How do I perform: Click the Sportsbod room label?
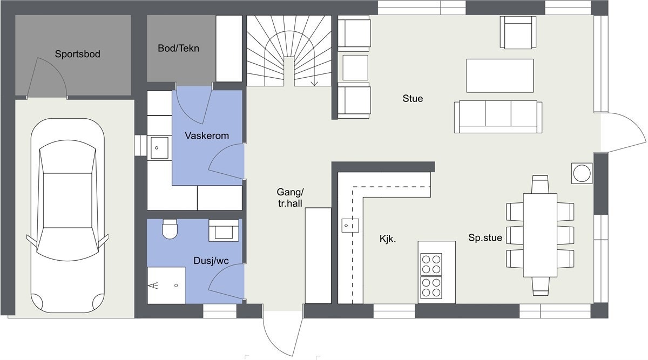click(x=78, y=54)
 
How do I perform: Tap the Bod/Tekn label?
click(x=178, y=48)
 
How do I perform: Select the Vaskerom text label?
click(x=206, y=135)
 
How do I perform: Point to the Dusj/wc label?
click(x=211, y=261)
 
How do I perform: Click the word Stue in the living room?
click(x=413, y=99)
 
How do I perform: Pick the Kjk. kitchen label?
click(x=388, y=238)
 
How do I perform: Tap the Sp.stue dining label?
click(x=485, y=237)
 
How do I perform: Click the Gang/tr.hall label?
click(x=290, y=198)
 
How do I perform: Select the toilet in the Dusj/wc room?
click(x=170, y=229)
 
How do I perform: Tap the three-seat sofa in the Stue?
click(x=497, y=116)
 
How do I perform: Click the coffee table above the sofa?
click(x=500, y=76)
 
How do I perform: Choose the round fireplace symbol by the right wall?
click(x=582, y=173)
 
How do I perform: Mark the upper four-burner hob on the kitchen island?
click(x=431, y=264)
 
